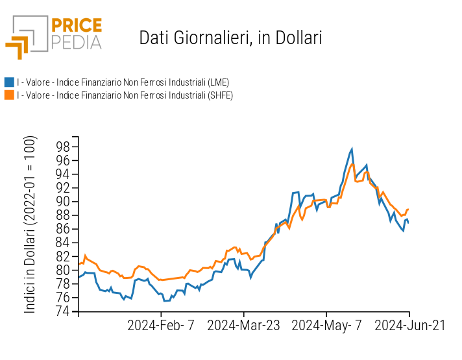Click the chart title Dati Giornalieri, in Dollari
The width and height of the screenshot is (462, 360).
point(230,38)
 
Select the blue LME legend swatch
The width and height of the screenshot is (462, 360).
point(9,82)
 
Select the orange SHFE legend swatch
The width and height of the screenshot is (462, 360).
point(9,95)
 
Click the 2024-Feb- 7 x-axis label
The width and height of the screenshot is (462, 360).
point(160,326)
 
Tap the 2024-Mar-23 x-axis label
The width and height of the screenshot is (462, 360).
point(243,326)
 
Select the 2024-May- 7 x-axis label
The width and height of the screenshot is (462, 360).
point(326,326)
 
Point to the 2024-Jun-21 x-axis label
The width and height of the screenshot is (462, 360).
point(409,326)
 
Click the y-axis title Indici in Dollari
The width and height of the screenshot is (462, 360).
point(30,224)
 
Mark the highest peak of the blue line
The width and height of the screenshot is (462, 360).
point(352,149)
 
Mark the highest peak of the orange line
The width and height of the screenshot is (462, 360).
point(352,163)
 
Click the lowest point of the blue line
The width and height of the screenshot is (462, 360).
point(165,301)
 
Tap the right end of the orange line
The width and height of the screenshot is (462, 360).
point(409,209)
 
